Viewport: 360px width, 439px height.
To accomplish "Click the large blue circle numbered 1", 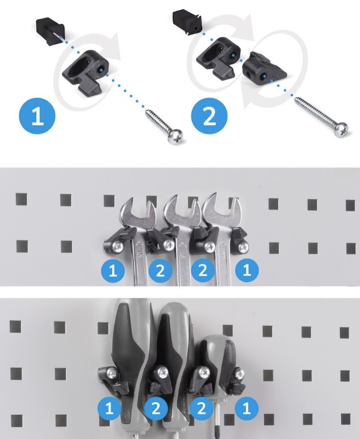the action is point(37,116).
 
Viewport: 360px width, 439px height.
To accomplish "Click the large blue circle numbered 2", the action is point(209,115).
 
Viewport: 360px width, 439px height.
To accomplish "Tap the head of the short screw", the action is point(175,137).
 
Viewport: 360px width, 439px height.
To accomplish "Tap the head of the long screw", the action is point(341,130).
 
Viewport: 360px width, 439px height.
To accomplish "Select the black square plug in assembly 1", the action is point(51,31).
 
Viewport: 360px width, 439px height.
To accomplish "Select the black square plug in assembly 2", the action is point(187,22).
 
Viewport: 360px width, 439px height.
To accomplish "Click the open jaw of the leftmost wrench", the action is point(137,211).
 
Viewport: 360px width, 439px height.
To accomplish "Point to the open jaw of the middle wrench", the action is point(182,209).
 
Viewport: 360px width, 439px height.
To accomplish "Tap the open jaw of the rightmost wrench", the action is point(221,208).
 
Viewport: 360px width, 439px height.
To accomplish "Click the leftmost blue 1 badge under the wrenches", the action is point(113,270).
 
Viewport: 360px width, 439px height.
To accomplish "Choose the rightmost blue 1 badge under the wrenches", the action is point(246,270).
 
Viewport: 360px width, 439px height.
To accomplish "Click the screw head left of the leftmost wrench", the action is point(118,246).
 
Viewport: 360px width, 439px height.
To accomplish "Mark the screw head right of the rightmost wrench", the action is point(243,246).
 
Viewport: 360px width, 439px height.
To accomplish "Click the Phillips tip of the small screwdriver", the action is point(216,430).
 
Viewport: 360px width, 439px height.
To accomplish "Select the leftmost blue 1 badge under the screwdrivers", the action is point(109,408).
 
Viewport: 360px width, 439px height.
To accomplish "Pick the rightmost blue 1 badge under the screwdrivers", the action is point(246,408).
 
